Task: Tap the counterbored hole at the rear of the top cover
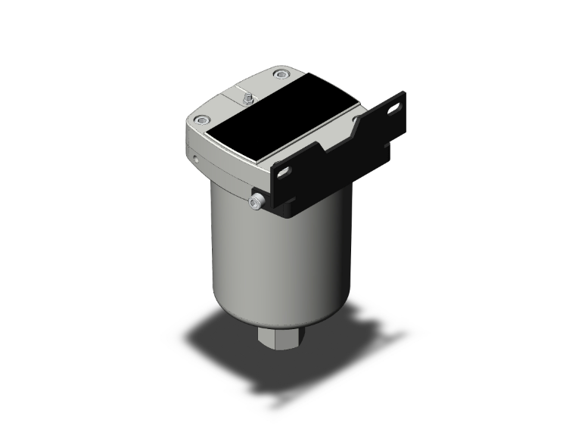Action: [x=282, y=74]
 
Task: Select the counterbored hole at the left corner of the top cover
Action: [x=201, y=120]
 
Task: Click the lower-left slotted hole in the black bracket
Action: [x=283, y=173]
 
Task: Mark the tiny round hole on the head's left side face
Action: [x=196, y=160]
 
